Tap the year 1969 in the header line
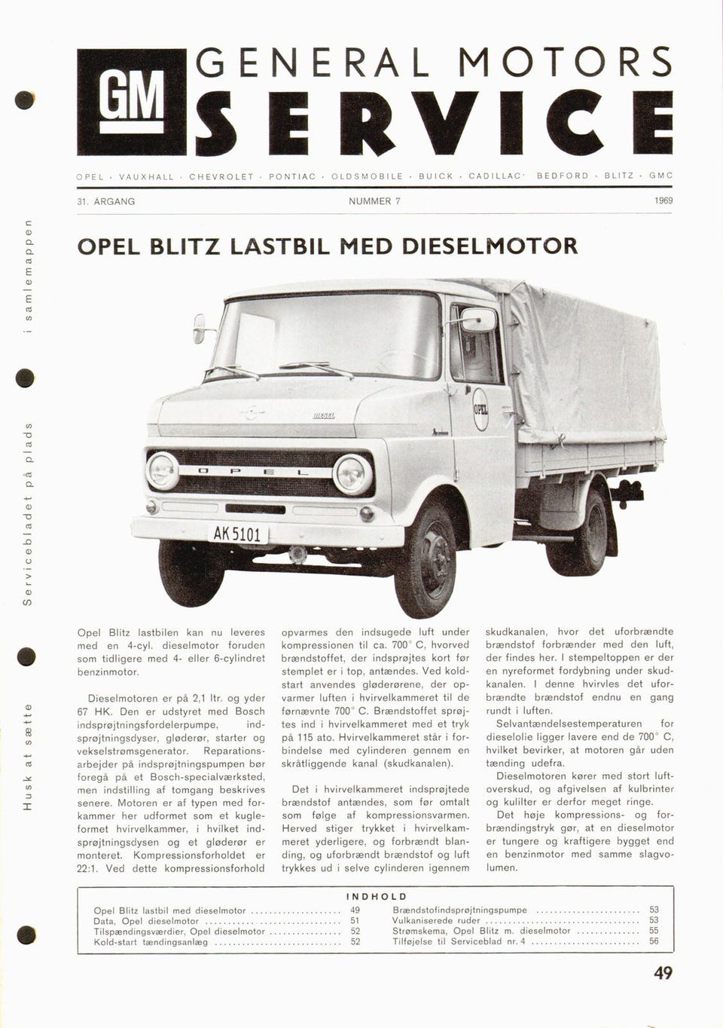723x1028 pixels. tap(664, 201)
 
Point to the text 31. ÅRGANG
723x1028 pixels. tap(106, 201)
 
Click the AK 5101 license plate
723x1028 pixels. tap(236, 534)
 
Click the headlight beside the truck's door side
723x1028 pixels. tap(352, 474)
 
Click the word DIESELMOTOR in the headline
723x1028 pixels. tap(490, 246)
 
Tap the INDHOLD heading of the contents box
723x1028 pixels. tap(377, 896)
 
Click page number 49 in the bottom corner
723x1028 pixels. tap(663, 973)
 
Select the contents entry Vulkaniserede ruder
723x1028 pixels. tap(436, 920)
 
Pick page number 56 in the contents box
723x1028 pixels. tap(654, 941)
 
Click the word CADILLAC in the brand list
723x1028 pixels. tap(496, 176)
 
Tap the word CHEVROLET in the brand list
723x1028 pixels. tap(221, 176)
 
